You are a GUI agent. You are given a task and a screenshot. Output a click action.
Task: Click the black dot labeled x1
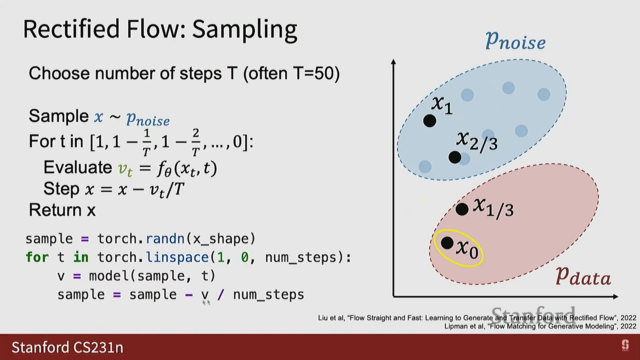coord(430,121)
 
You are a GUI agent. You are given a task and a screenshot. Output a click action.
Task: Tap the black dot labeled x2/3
coord(455,157)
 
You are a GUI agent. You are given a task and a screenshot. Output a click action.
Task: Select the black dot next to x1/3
coord(462,209)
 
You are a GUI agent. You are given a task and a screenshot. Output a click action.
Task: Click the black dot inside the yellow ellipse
coord(447,243)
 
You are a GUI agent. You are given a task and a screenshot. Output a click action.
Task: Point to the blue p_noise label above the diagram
coord(515,41)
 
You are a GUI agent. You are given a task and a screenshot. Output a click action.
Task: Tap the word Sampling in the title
coord(245,30)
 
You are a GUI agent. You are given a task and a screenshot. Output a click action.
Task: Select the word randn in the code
coord(165,239)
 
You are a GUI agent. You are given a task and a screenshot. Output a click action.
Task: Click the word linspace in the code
coord(177,257)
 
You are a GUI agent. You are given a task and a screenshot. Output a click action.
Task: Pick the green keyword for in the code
coord(37,257)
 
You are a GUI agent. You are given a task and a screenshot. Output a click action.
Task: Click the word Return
coord(55,210)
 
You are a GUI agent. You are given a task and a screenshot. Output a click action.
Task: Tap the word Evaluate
coord(78,167)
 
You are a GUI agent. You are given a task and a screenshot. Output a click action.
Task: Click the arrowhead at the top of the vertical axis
coord(393,62)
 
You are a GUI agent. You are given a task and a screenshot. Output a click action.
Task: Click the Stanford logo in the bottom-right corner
coord(625,345)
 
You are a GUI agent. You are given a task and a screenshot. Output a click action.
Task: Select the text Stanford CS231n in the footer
coord(67,347)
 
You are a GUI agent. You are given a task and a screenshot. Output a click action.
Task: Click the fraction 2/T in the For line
coord(196,142)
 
